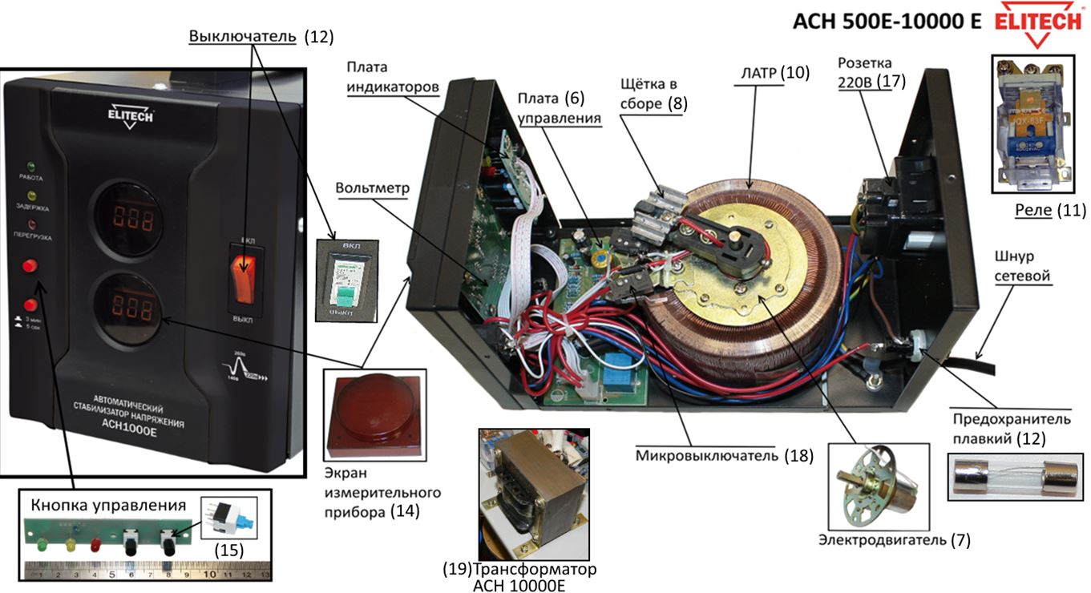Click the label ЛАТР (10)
click(x=774, y=72)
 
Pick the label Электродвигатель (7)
click(x=894, y=540)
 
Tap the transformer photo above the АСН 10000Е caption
click(x=530, y=494)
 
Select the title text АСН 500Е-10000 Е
click(x=887, y=21)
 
